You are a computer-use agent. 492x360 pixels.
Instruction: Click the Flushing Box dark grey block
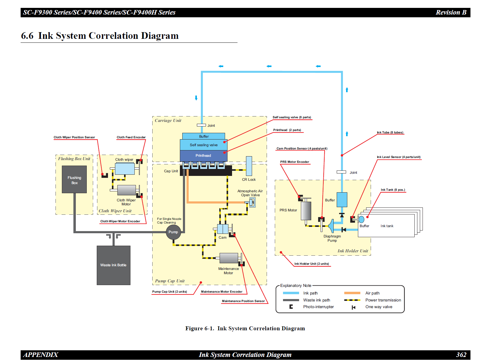74,179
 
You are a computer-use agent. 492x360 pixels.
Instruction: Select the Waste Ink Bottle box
113,265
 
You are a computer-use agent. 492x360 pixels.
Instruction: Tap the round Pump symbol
173,232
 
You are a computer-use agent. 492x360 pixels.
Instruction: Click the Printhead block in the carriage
203,156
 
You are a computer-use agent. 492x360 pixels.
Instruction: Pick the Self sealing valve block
204,145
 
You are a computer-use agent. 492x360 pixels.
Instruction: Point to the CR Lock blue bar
249,166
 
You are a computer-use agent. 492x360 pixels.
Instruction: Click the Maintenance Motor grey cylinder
229,258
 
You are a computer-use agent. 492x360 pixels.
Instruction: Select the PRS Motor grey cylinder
306,210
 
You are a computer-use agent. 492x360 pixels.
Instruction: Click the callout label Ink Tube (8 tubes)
390,133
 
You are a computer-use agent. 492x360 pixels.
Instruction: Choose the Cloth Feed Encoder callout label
131,137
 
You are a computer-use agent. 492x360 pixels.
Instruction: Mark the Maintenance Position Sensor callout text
243,301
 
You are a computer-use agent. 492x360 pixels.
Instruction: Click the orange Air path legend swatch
352,293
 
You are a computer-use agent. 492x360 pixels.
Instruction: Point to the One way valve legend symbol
353,307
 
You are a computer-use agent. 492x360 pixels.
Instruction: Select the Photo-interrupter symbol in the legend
291,307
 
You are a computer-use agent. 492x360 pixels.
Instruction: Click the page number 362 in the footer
461,355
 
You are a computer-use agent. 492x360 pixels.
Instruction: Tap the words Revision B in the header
451,12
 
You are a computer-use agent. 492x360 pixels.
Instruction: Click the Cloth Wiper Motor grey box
126,190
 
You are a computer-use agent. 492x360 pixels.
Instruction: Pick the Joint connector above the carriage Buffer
201,125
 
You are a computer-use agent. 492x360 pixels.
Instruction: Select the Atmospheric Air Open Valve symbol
252,202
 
